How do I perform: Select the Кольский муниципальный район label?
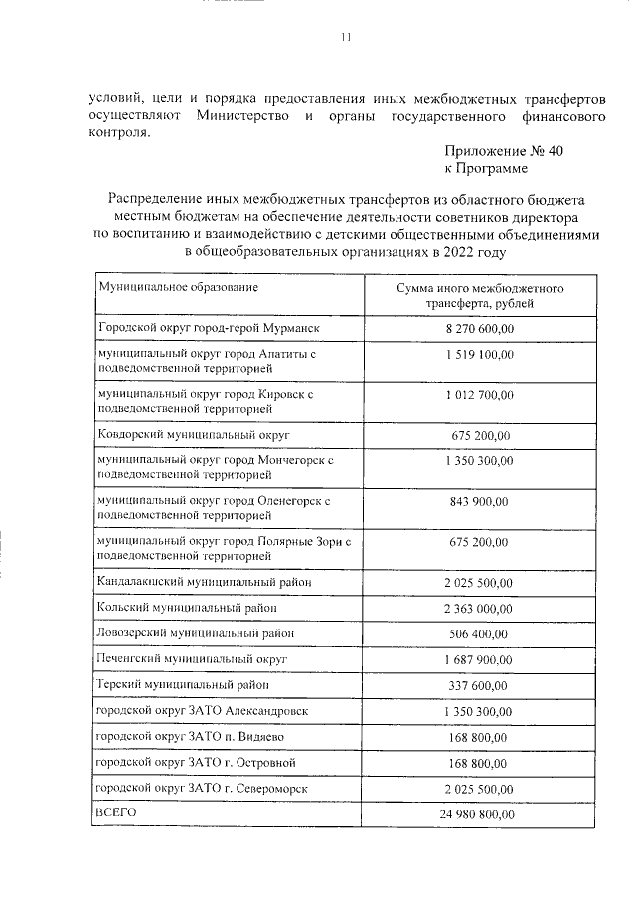click(x=187, y=607)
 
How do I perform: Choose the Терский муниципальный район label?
click(x=184, y=685)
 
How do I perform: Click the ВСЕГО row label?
click(x=117, y=813)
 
